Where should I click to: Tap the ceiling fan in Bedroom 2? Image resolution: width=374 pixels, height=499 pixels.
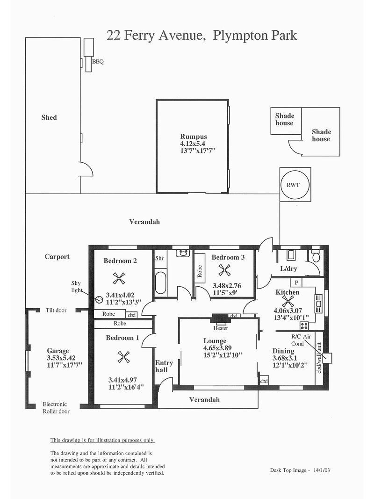(119, 278)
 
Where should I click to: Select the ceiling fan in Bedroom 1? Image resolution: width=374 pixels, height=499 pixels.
(123, 357)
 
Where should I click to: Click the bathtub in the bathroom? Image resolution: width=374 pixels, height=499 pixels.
(160, 282)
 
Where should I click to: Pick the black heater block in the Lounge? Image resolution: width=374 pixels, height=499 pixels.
(220, 318)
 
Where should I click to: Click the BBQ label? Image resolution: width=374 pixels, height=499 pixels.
(98, 62)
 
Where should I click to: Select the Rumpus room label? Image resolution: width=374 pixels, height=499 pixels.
(194, 137)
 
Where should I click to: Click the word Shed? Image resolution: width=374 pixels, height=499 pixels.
(49, 117)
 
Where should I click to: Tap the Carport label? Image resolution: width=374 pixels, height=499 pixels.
(57, 257)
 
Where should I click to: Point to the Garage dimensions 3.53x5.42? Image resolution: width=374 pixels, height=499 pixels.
(61, 358)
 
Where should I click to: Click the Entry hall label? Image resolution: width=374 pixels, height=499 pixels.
(164, 366)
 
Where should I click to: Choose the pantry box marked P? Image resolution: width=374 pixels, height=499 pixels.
(296, 282)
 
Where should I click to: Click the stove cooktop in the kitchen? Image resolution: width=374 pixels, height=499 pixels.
(304, 326)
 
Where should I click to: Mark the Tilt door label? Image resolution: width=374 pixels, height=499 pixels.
(56, 310)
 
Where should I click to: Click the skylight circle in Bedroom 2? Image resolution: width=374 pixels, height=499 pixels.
(99, 299)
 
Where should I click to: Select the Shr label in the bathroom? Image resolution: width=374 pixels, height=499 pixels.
(159, 258)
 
